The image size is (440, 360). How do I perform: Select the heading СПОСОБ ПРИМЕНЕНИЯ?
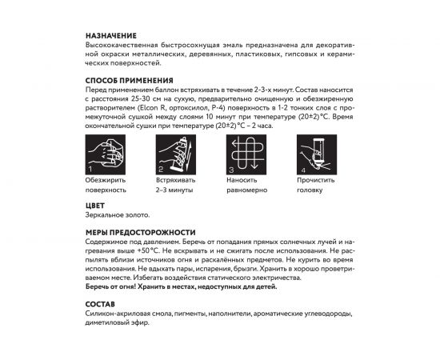(x=129, y=82)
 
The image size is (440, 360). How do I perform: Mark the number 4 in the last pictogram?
(x=302, y=170)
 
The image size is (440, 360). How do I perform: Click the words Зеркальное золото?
(x=117, y=216)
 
